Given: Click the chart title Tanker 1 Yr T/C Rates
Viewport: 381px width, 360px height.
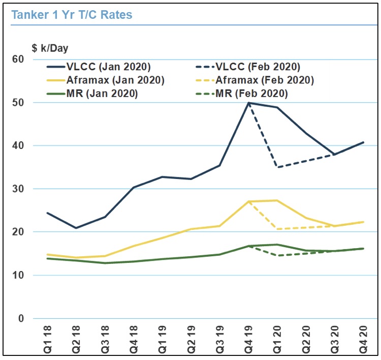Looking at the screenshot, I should pyautogui.click(x=72, y=15).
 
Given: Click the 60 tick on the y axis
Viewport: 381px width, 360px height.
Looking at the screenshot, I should pyautogui.click(x=18, y=59).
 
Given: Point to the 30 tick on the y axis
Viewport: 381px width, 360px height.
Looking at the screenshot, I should pyautogui.click(x=18, y=189).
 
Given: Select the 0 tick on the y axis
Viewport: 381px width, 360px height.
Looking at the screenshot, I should pyautogui.click(x=20, y=319).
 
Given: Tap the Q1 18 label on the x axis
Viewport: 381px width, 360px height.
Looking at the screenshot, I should pyautogui.click(x=47, y=337).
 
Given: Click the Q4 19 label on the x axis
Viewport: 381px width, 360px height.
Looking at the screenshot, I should pyautogui.click(x=249, y=337).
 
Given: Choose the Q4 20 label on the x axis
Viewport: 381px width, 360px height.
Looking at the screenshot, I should pyautogui.click(x=364, y=337).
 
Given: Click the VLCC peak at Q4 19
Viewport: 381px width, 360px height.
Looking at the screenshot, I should pyautogui.click(x=249, y=103).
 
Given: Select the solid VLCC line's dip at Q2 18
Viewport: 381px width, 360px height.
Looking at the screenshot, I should pyautogui.click(x=76, y=228).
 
